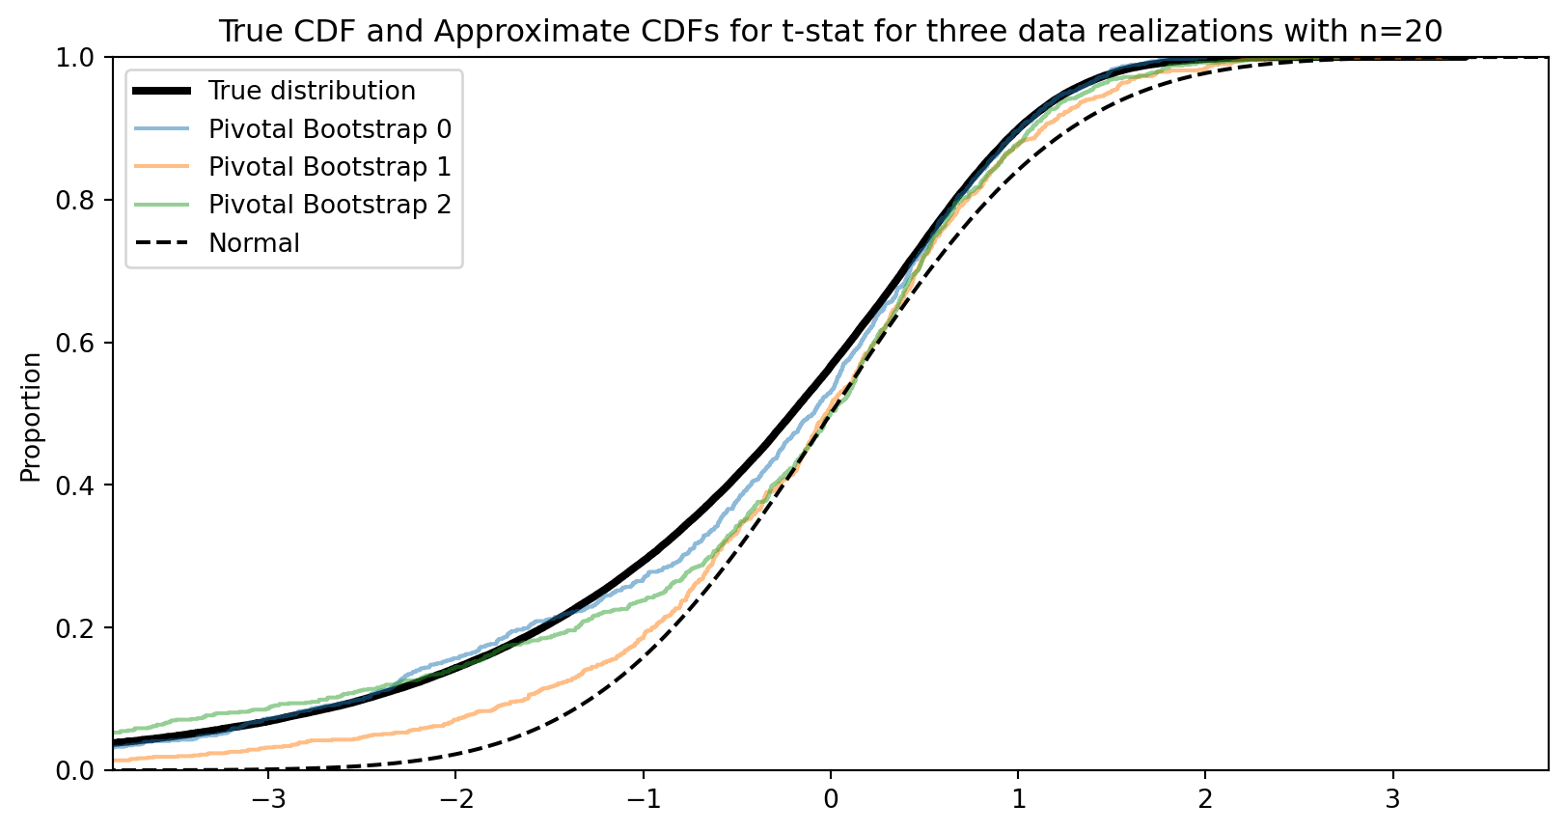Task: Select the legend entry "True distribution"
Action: pos(312,91)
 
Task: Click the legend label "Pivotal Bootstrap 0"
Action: pos(330,129)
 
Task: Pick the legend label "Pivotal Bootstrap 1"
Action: pos(330,167)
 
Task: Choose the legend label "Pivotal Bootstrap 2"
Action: pos(330,205)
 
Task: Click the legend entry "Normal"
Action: pos(254,243)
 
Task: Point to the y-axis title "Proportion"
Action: pos(32,416)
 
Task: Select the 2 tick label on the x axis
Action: pos(1204,799)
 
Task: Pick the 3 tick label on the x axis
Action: pos(1392,799)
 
